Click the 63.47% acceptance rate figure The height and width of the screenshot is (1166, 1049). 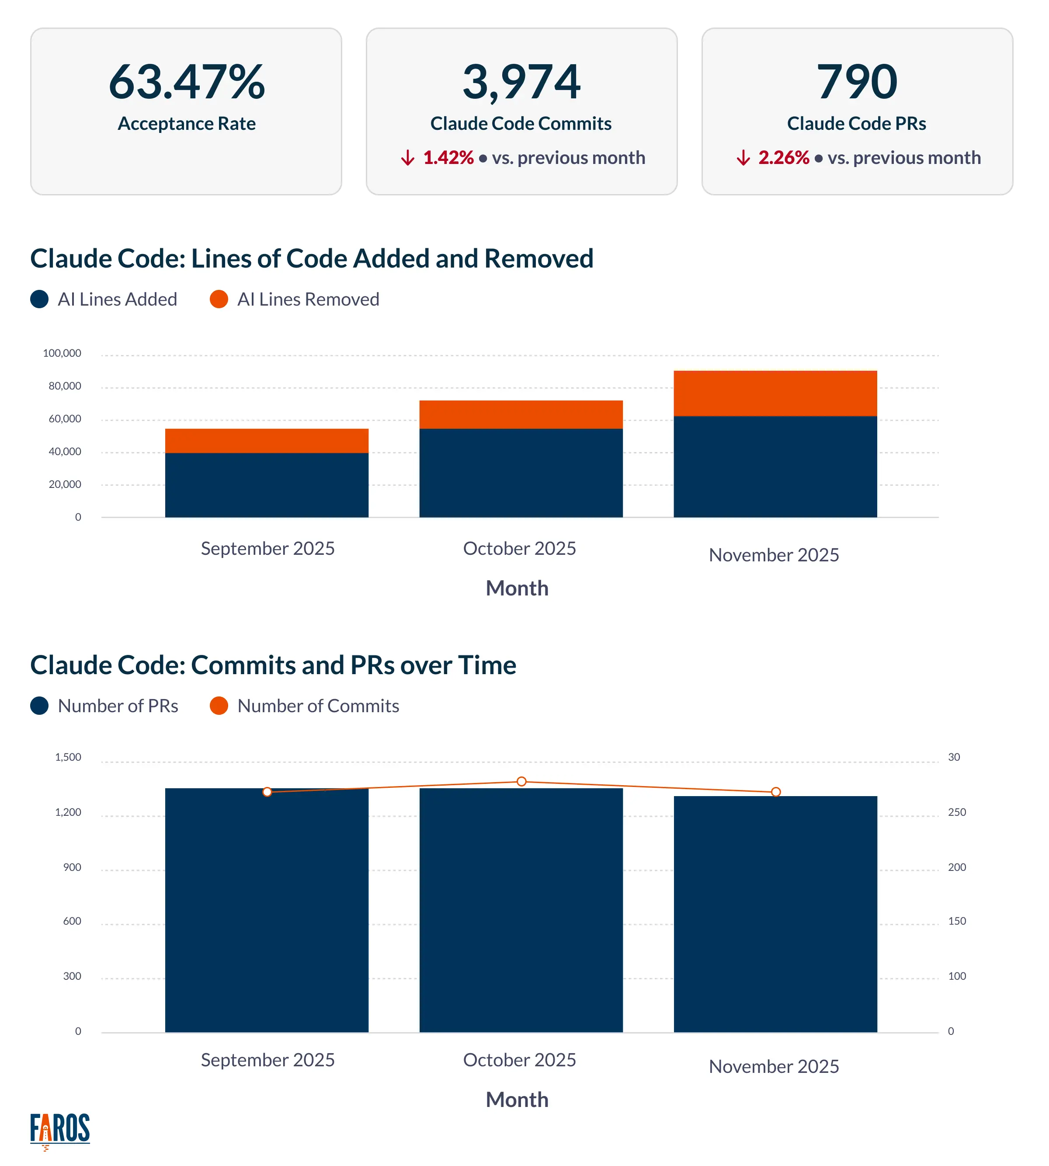186,82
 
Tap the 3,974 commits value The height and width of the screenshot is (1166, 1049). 521,82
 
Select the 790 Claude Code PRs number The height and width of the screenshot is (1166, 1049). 857,82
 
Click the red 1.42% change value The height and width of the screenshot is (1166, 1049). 448,157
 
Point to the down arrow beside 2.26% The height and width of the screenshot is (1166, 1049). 743,157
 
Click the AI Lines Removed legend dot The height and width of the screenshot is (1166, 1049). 219,299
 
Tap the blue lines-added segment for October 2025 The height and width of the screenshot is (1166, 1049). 521,473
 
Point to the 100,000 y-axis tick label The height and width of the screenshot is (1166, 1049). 62,353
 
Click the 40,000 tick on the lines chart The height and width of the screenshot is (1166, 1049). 65,451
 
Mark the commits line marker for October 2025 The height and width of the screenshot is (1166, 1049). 521,782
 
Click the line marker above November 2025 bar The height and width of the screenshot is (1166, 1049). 775,792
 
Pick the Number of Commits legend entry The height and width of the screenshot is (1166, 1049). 318,706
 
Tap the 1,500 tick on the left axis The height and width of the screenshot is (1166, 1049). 68,757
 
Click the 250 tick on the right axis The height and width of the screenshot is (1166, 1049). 956,812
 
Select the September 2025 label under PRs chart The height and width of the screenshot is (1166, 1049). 267,1059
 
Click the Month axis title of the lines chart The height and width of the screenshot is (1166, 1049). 517,588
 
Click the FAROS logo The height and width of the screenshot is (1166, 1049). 60,1130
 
